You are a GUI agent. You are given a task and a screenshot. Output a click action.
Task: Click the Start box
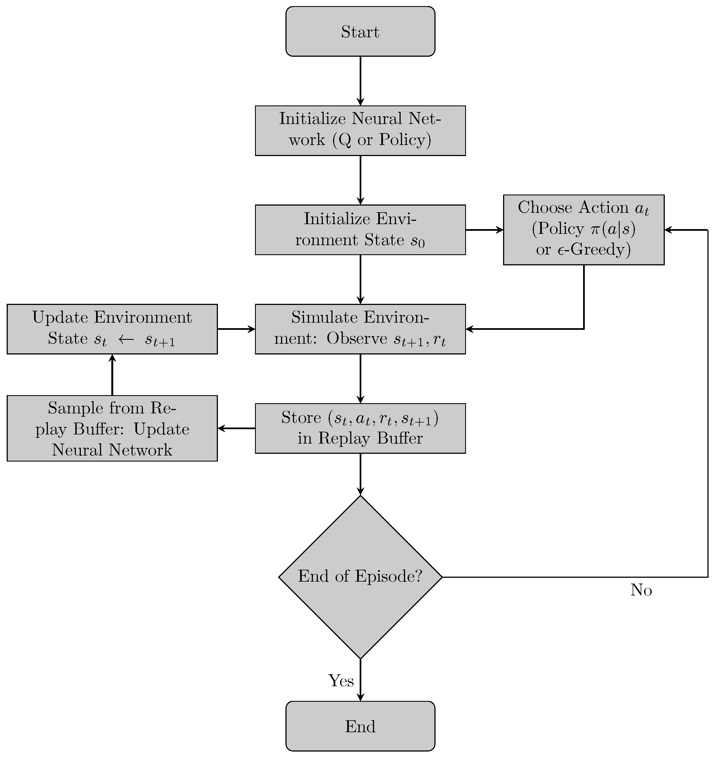pos(360,31)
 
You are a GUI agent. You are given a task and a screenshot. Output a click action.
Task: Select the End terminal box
pos(360,726)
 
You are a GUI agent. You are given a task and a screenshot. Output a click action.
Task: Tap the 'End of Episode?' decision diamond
pos(360,576)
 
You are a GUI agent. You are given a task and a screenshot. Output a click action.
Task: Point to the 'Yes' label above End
pos(341,681)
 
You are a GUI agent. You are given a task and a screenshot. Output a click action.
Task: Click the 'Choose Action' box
pos(583,229)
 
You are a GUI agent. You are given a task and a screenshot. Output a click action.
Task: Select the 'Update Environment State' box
pos(112,329)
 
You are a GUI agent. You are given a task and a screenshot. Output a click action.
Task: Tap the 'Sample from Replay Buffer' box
pos(112,428)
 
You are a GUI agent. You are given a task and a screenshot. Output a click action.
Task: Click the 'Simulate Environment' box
pos(360,329)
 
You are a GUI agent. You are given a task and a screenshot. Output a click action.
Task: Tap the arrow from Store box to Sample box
pos(236,428)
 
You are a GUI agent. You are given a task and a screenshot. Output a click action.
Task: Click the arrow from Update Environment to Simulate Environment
pos(236,329)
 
